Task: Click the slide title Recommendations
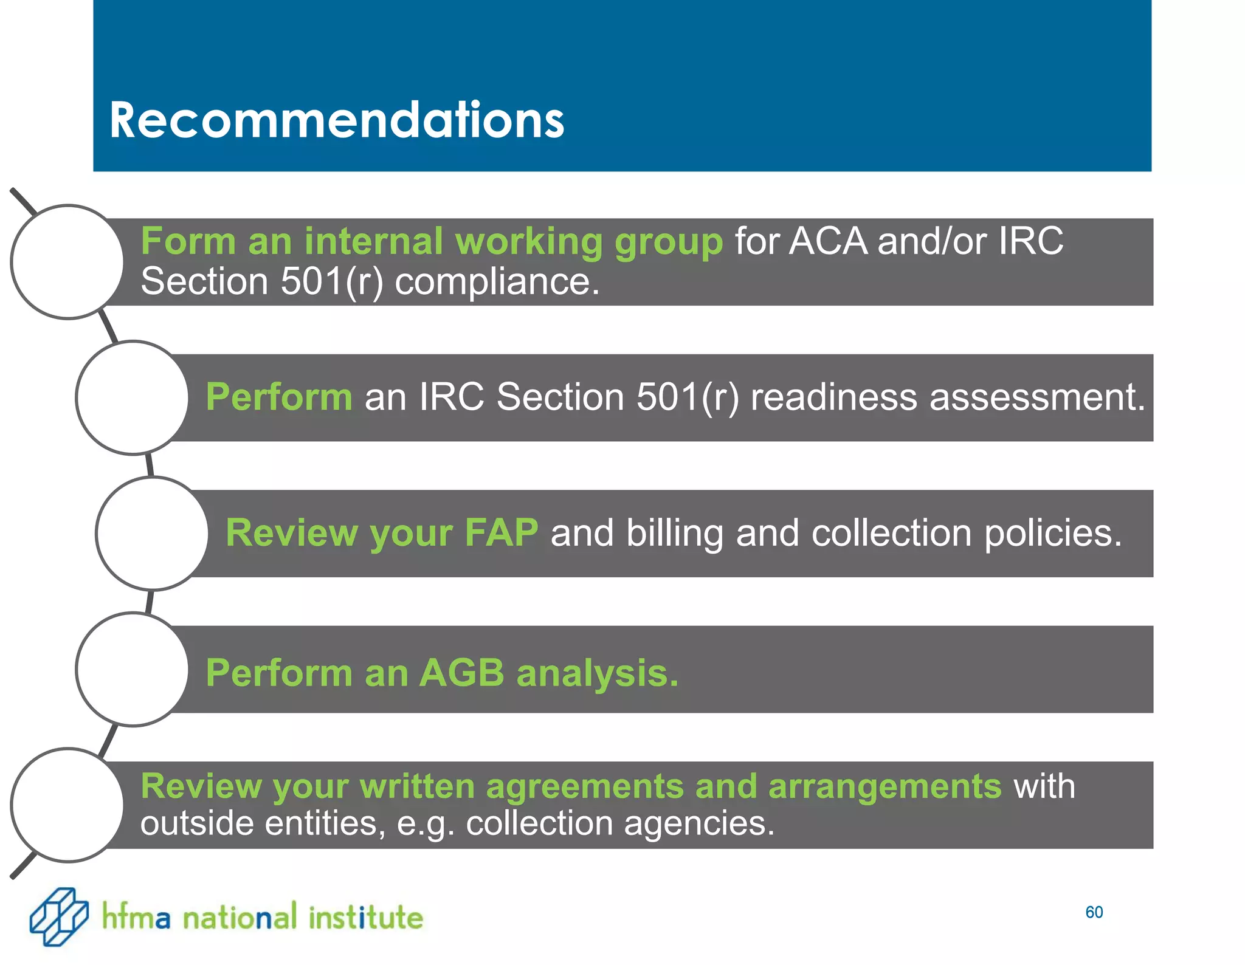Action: pyautogui.click(x=336, y=120)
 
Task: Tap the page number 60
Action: pyautogui.click(x=1094, y=912)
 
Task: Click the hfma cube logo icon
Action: pyautogui.click(x=59, y=916)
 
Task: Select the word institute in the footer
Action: pyautogui.click(x=365, y=917)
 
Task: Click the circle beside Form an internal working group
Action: pyautogui.click(x=67, y=262)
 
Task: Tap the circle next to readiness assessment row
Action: pyautogui.click(x=133, y=397)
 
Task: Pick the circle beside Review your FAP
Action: pyautogui.click(x=152, y=534)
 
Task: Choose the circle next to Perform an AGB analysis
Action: pyautogui.click(x=133, y=669)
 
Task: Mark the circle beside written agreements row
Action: pyautogui.click(x=67, y=805)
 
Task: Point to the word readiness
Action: pyautogui.click(x=833, y=397)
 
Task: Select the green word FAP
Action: pyautogui.click(x=501, y=533)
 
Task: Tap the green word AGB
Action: pyautogui.click(x=461, y=673)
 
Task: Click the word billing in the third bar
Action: pyautogui.click(x=674, y=534)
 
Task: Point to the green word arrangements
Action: pyautogui.click(x=884, y=787)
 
